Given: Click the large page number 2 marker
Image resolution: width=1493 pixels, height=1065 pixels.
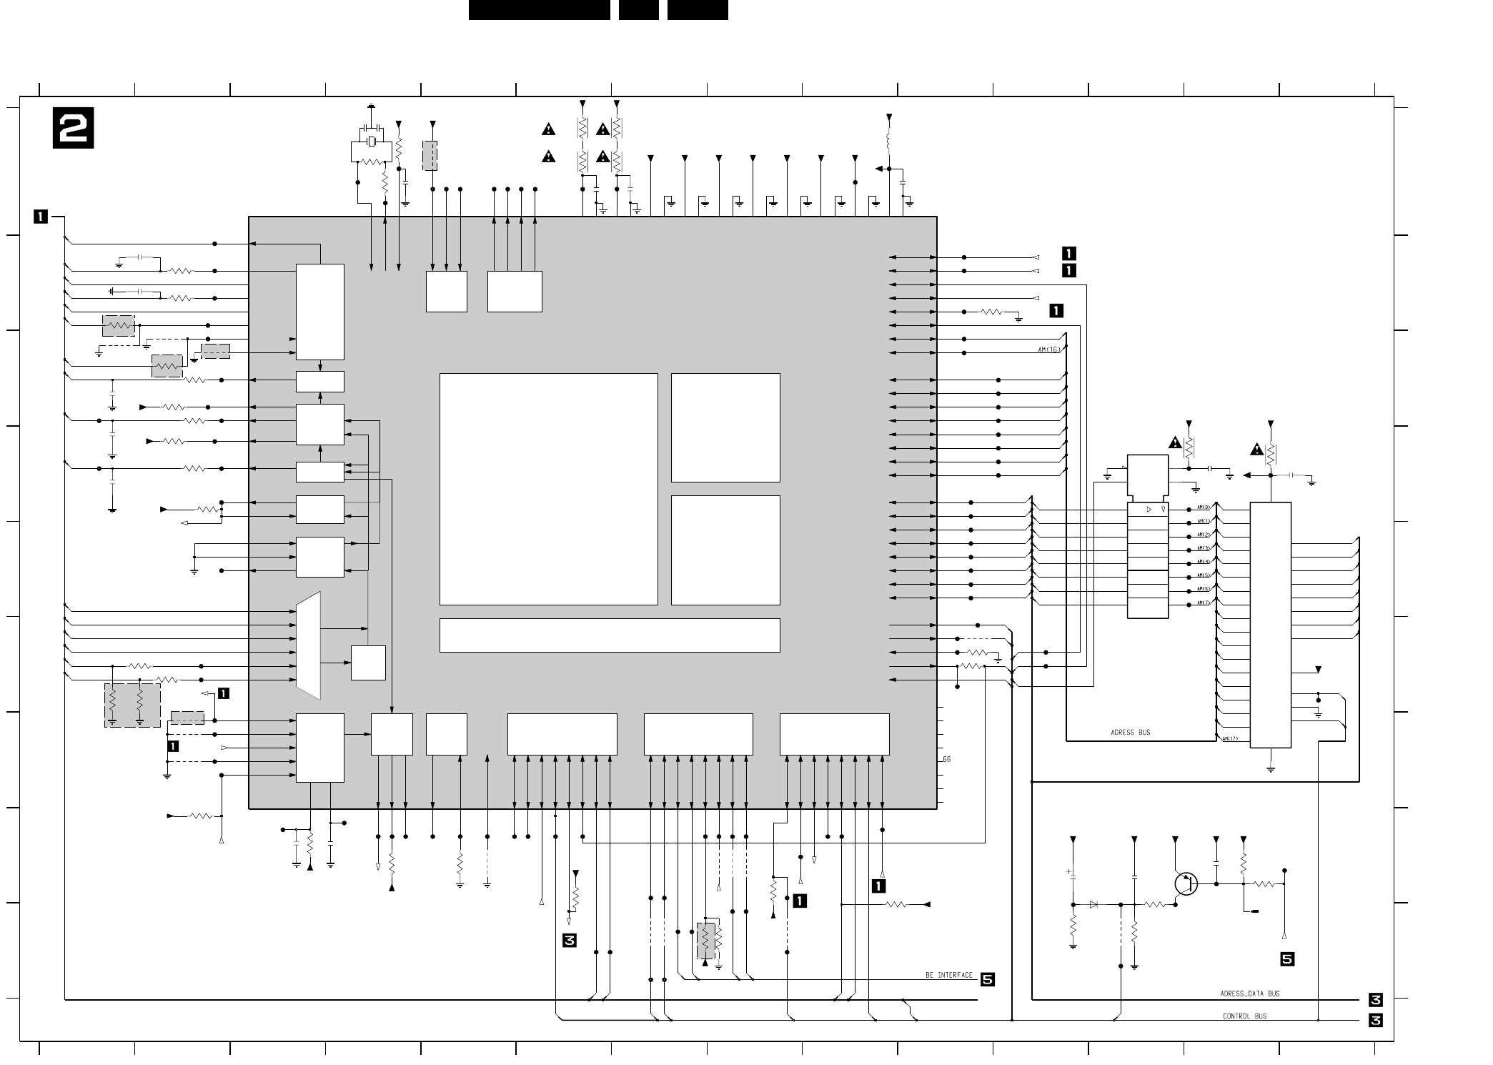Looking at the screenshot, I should (x=73, y=128).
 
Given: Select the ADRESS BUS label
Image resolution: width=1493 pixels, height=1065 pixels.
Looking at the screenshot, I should (x=1130, y=733).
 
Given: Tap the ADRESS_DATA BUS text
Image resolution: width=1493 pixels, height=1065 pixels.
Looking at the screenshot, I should (x=1249, y=994).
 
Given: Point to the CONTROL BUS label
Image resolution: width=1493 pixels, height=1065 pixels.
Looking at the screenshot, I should (x=1244, y=1016).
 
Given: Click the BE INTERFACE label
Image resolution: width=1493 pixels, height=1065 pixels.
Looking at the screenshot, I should (x=948, y=975).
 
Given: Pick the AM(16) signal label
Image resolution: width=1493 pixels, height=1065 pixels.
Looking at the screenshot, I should (x=1049, y=350).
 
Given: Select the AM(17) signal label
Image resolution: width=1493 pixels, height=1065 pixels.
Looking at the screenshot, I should (x=1230, y=739).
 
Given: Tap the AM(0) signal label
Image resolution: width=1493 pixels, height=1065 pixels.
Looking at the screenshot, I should (x=1204, y=507).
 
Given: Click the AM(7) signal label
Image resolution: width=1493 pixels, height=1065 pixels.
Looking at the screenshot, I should (x=1204, y=603).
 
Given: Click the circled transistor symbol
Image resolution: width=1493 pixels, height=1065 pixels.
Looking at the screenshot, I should (x=1186, y=883).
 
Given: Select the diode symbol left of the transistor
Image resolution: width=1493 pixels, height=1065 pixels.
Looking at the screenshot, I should (x=1093, y=904).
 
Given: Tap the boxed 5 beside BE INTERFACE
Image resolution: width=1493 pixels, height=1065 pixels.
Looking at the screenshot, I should (x=987, y=979).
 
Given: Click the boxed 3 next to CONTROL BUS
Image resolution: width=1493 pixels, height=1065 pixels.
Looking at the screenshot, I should (x=1375, y=1021).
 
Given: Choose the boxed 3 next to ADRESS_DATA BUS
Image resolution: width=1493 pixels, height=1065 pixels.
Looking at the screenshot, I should (x=1375, y=1000).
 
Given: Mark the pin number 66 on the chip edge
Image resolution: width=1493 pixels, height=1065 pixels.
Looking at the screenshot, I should (x=946, y=759).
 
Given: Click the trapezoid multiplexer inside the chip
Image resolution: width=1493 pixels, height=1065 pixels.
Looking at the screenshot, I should (x=308, y=645).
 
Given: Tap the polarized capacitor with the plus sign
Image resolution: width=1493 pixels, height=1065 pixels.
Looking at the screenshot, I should (x=1073, y=879).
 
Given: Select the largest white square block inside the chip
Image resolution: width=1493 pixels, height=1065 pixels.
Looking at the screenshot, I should (x=548, y=489).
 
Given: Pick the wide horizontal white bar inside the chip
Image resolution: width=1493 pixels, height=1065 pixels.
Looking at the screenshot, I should (x=609, y=635).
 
